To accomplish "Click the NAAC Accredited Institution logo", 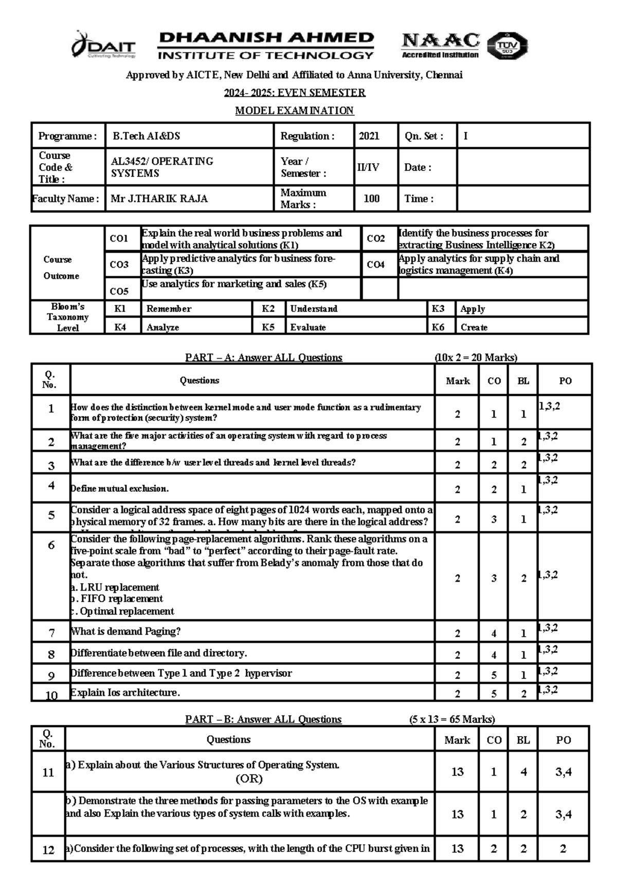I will tap(440, 45).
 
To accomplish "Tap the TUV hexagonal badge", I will tap(506, 46).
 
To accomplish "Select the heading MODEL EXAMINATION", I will tap(294, 111).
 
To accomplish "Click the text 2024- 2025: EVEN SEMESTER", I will tap(294, 93).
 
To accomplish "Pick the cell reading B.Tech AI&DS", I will tap(147, 136).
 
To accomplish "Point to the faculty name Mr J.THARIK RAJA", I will tap(159, 199).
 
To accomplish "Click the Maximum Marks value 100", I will tap(371, 199).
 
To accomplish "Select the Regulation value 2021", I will tap(369, 136).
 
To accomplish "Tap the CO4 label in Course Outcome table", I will tap(375, 265).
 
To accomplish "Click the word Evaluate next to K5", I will tap(308, 327).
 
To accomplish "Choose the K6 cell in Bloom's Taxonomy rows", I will tap(438, 327).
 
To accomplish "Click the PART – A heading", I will tap(263, 358).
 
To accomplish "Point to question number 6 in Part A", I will tap(51, 546).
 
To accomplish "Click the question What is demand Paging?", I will tap(125, 632).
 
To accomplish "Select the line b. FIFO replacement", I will tap(117, 599).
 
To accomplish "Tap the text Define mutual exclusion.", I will tap(119, 489).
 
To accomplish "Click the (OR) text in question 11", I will tap(249, 779).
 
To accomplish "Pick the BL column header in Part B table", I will tap(523, 740).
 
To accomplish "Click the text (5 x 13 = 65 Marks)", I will tap(452, 720).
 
